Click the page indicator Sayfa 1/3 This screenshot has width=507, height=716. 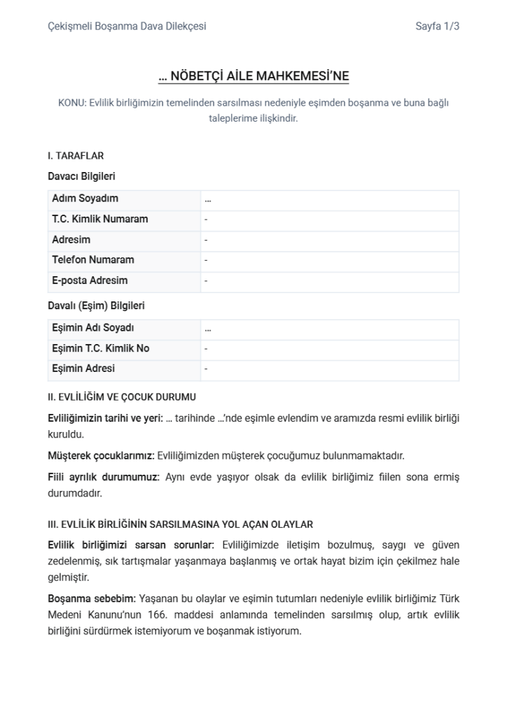(x=437, y=27)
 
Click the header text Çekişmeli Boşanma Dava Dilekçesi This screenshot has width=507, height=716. (x=127, y=27)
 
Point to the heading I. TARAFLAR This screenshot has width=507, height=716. (x=76, y=156)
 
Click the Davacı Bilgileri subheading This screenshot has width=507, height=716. (x=81, y=176)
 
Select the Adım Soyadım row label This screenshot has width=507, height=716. (x=85, y=199)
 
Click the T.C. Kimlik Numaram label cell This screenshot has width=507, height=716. (x=99, y=219)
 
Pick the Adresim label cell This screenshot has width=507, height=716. (x=71, y=240)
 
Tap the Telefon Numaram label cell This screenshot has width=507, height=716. (x=92, y=259)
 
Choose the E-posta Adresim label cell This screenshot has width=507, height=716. (x=90, y=280)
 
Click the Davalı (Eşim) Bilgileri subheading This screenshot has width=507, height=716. (x=96, y=306)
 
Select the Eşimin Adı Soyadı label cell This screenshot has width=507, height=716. (x=92, y=328)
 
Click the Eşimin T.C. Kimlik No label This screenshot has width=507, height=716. (x=100, y=348)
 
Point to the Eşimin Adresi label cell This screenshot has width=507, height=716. (x=83, y=368)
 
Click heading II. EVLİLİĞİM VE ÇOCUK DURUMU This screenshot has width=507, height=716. (x=121, y=396)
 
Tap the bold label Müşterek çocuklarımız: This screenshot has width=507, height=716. (x=101, y=456)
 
